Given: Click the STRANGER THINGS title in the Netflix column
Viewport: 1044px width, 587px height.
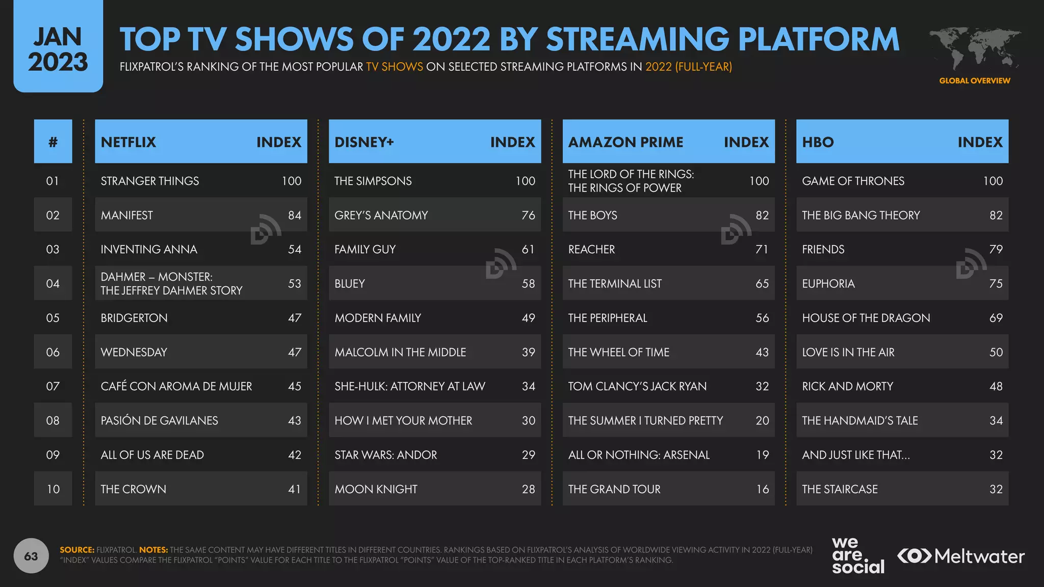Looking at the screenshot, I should (x=149, y=181).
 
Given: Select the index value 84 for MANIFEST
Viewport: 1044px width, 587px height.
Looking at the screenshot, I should (x=294, y=215).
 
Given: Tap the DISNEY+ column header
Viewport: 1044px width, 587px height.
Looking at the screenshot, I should (x=364, y=142).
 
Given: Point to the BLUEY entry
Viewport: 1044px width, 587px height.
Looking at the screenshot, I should (x=350, y=284).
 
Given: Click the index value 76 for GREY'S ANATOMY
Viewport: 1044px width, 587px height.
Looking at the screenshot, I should (x=528, y=215).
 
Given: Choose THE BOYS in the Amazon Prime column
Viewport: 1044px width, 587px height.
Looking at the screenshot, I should (x=592, y=215).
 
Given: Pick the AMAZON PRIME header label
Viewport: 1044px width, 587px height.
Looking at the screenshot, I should (x=625, y=142).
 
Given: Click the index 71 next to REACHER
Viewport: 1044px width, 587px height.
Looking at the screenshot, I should (x=762, y=249).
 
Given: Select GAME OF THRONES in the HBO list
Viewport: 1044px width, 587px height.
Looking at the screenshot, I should (x=853, y=181).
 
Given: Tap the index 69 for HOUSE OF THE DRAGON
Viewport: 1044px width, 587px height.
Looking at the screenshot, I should (x=996, y=318).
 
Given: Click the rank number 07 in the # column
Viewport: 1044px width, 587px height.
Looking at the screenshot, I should (x=53, y=386).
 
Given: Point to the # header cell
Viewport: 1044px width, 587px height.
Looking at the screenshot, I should (x=53, y=142).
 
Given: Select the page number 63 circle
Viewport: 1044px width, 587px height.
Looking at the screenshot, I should (x=31, y=556).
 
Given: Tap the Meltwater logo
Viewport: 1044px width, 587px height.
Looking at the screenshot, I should (x=960, y=556).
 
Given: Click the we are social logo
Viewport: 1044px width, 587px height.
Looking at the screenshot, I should (x=857, y=555).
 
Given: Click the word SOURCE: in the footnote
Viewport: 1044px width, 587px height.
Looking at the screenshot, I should (x=77, y=550).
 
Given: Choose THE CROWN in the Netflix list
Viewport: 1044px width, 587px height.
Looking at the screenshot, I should (x=133, y=489).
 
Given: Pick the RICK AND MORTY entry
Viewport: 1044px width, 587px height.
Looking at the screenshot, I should (x=847, y=386).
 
